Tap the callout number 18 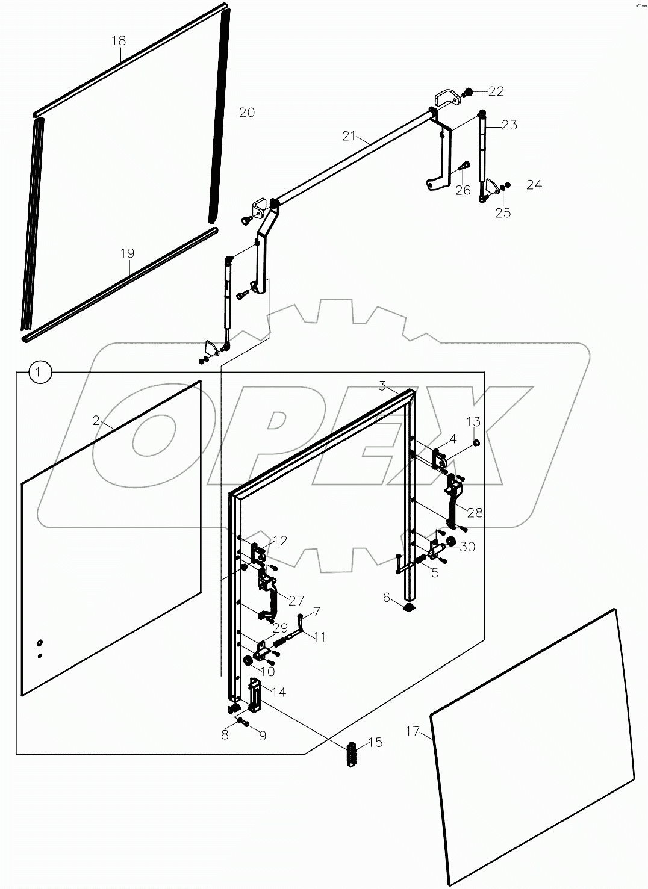point(119,40)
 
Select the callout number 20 point(247,112)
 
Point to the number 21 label point(350,136)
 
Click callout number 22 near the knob point(496,91)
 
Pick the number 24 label point(534,184)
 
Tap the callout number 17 point(412,731)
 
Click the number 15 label point(375,742)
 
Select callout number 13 point(473,421)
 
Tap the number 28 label point(475,512)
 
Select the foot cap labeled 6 point(409,608)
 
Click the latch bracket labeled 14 point(255,696)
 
